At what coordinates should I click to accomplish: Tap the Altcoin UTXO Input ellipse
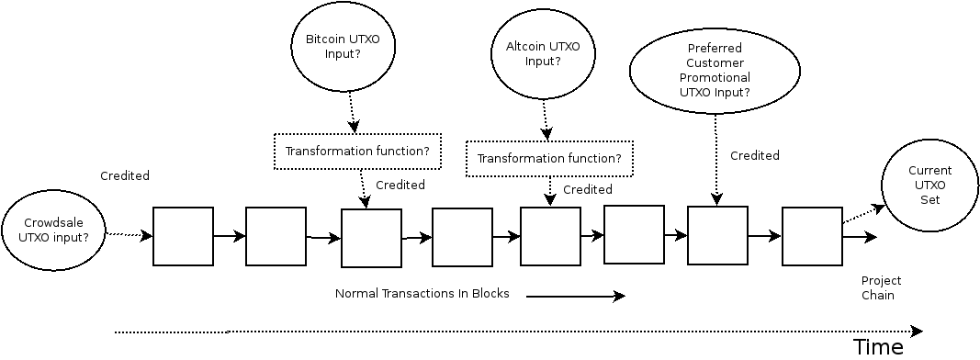pos(543,53)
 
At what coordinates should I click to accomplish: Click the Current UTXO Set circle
pos(929,185)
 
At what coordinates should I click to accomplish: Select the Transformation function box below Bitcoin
pos(357,152)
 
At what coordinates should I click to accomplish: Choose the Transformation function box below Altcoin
pos(549,158)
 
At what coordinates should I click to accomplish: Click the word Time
pos(878,346)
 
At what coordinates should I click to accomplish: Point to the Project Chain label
pos(881,287)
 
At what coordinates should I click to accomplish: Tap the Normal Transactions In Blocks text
pos(422,294)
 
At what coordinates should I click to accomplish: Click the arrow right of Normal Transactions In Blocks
pos(575,296)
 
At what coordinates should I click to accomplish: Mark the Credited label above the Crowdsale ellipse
pos(125,175)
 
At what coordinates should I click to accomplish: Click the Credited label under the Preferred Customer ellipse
pos(754,155)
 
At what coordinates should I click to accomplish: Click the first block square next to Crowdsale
pos(183,236)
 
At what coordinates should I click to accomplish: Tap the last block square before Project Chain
pos(812,236)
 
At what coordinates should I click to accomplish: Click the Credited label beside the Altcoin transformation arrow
pos(587,189)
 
